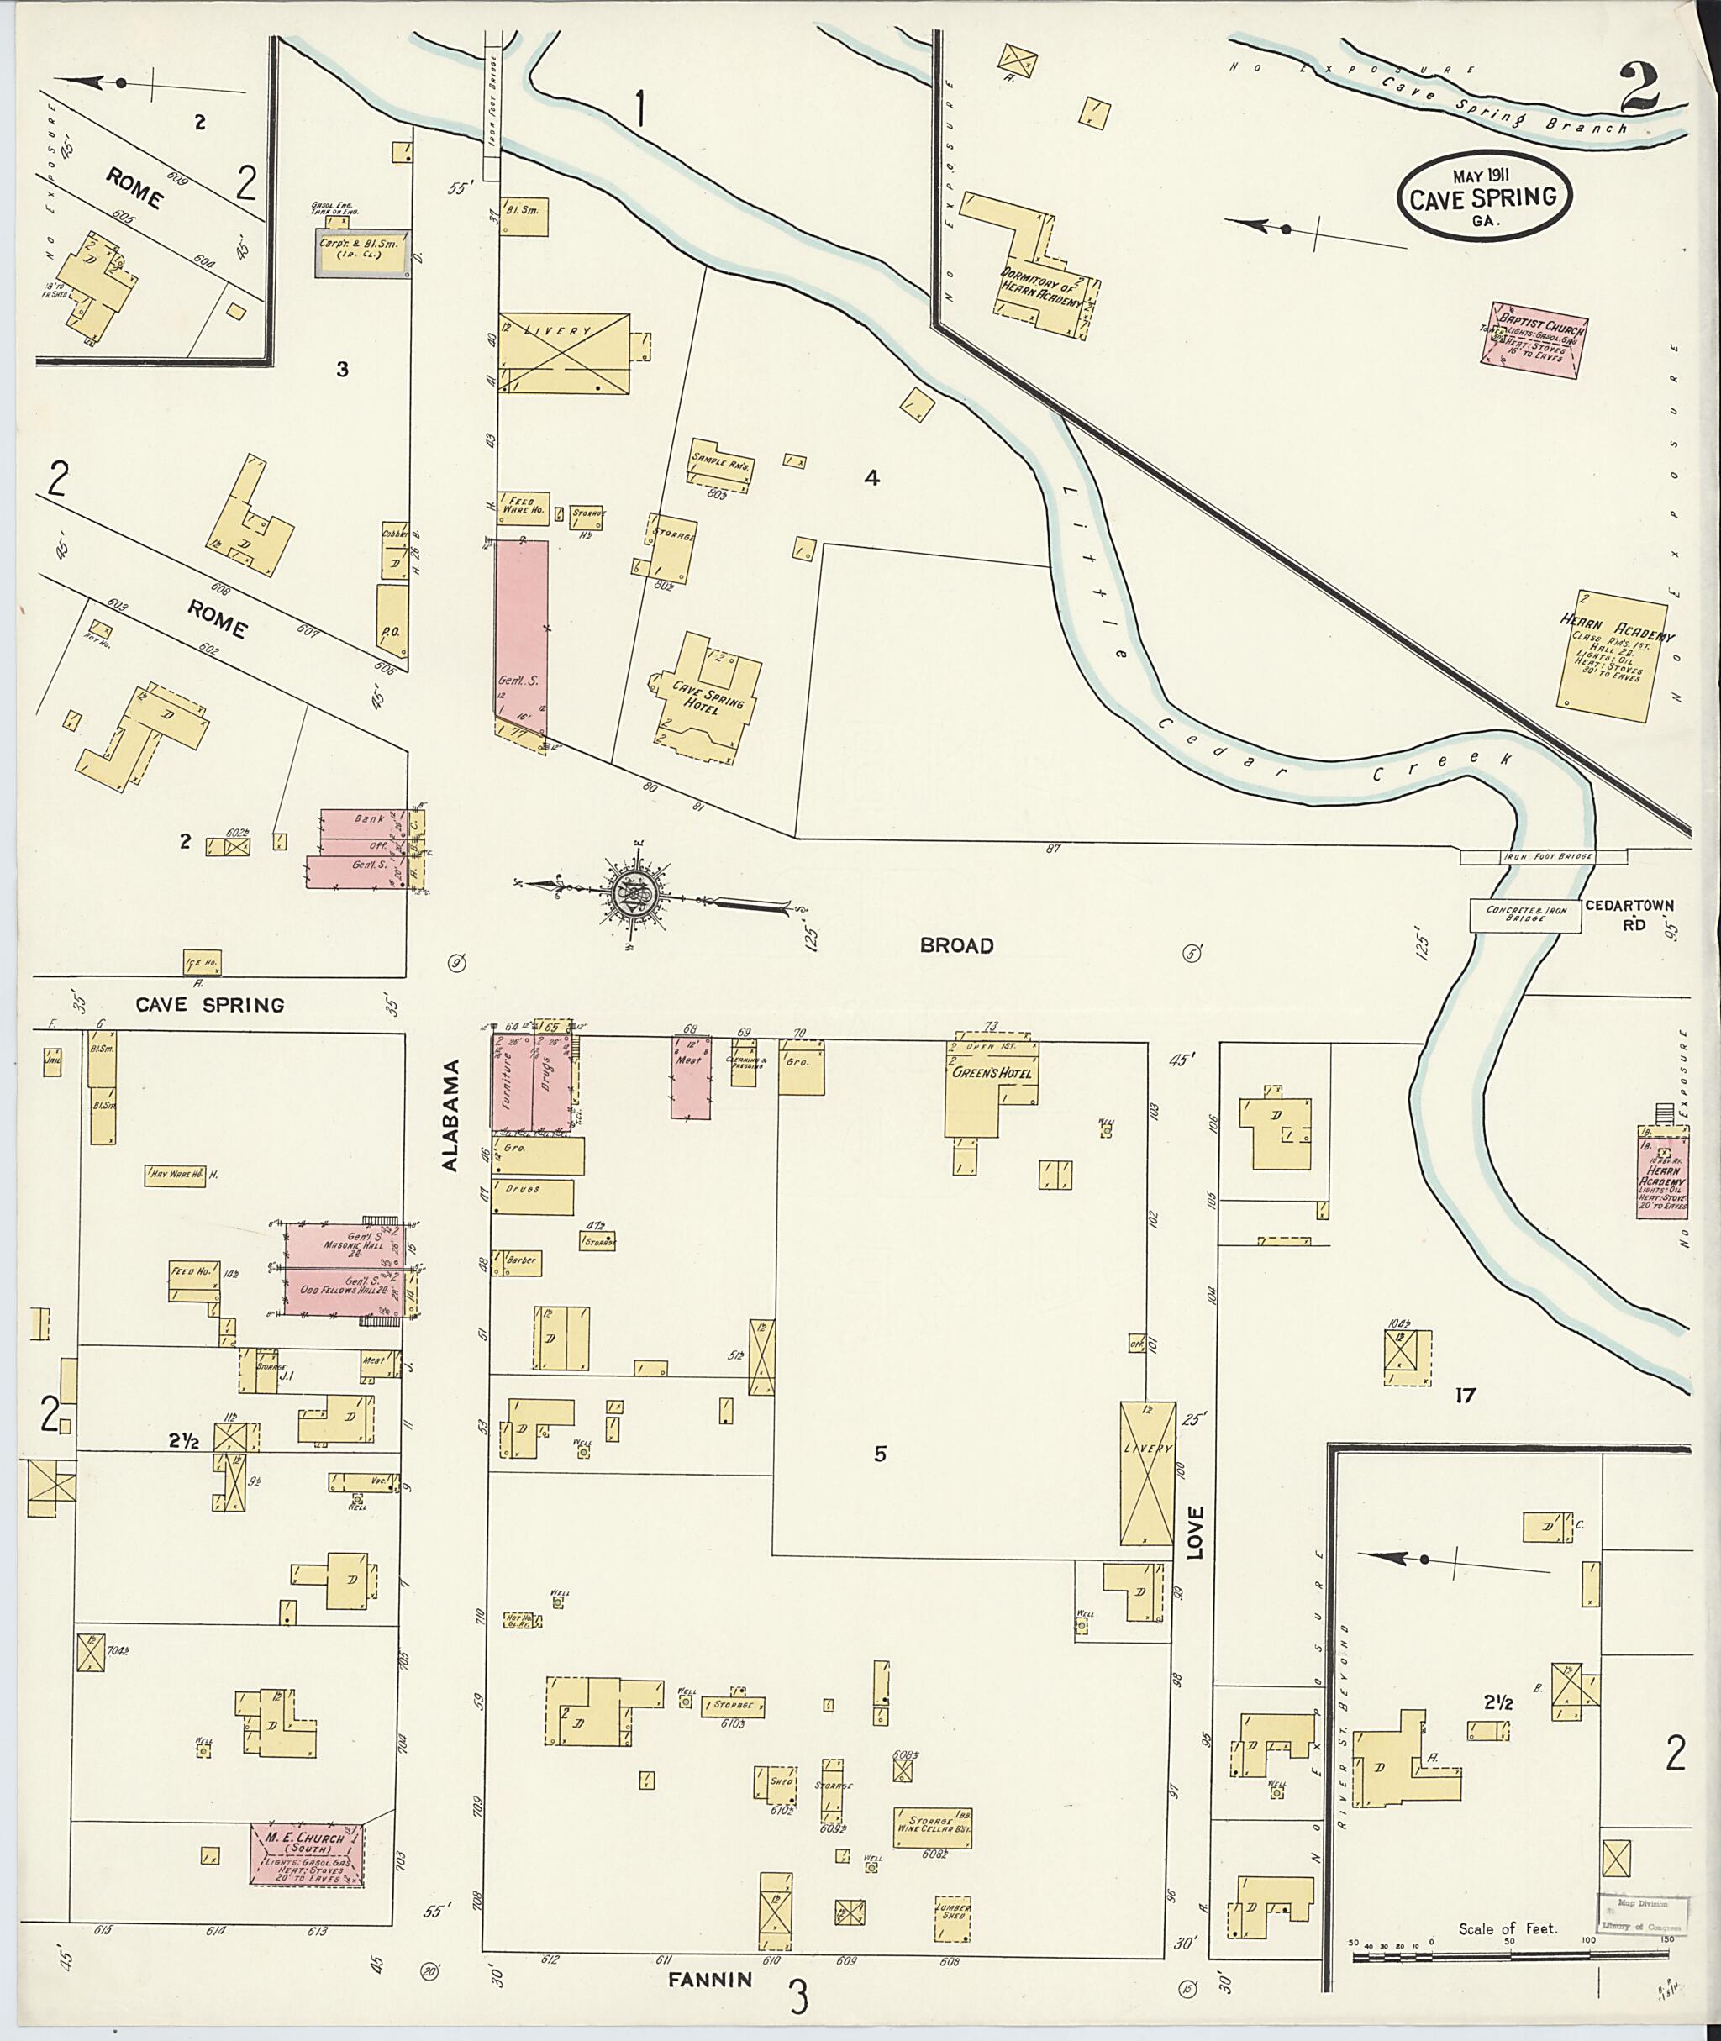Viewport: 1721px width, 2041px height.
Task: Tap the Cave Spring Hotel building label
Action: [708, 697]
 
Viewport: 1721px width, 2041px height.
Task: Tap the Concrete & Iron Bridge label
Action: [1526, 913]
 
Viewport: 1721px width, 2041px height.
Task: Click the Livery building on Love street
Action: [1146, 1473]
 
